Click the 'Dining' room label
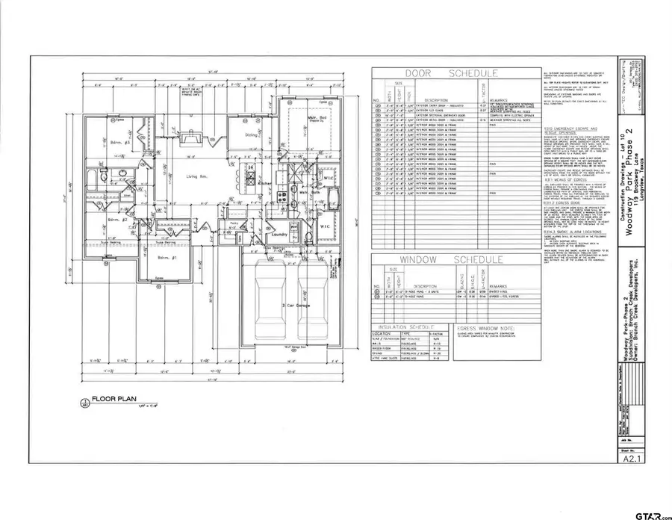tap(252, 135)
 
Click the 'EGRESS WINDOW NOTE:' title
tap(482, 326)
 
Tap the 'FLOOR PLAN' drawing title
tap(113, 400)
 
